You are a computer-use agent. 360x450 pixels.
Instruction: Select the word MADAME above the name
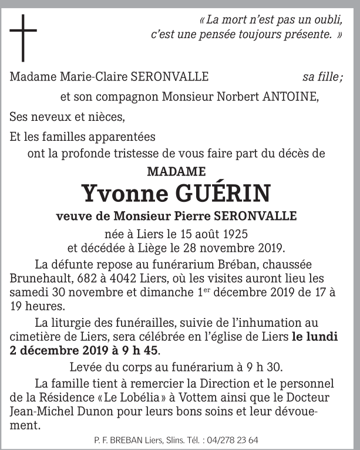176,172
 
